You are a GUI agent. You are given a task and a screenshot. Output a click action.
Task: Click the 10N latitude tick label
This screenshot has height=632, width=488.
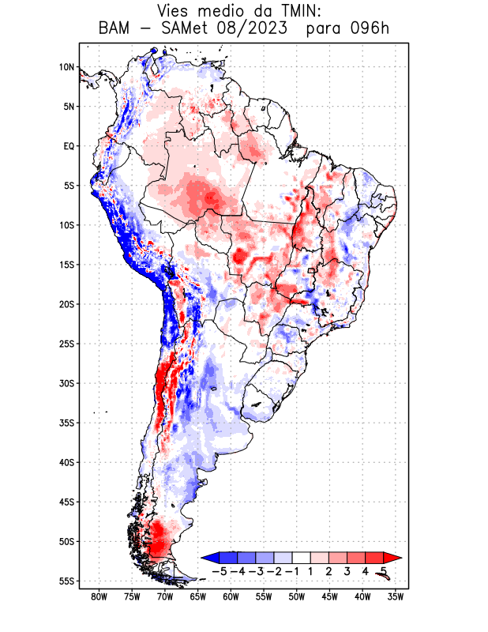(66, 67)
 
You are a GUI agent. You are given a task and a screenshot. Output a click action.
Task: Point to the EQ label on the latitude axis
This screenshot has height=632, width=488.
(69, 146)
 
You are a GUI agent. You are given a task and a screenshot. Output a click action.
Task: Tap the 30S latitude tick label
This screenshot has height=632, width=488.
(66, 383)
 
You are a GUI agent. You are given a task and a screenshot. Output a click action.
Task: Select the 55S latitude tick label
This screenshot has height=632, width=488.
(66, 581)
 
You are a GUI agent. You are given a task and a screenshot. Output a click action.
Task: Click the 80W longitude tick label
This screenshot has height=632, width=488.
(99, 596)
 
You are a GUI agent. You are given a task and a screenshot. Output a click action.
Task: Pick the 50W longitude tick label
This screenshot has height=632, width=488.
(297, 596)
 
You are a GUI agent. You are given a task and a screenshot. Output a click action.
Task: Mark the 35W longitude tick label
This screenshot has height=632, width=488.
(396, 596)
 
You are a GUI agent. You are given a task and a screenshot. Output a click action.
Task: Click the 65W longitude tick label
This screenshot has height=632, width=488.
(197, 596)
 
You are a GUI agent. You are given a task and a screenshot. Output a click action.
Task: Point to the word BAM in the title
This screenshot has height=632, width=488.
(116, 29)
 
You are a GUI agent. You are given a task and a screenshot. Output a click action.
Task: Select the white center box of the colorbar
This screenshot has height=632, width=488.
(302, 557)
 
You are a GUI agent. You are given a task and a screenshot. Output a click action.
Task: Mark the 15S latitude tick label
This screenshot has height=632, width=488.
(66, 265)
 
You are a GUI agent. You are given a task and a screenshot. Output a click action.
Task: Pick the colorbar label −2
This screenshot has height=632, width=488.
(273, 570)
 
